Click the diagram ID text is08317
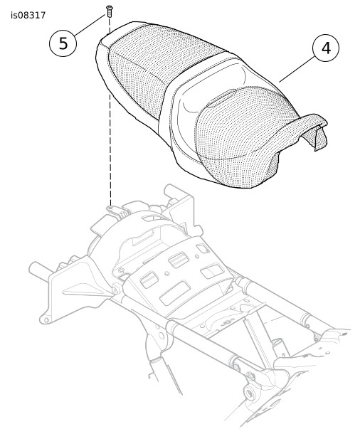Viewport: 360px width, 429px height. [x=28, y=16]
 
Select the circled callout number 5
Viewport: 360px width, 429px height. [x=63, y=43]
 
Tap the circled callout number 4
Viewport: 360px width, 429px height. [x=326, y=48]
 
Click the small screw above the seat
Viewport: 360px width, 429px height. [x=110, y=11]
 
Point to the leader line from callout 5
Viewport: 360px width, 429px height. [x=90, y=25]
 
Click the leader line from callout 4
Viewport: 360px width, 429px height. [x=297, y=69]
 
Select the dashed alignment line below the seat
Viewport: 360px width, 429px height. [x=110, y=150]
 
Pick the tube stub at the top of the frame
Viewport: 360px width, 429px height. [x=175, y=191]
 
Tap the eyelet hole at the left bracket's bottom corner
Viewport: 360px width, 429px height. [x=46, y=319]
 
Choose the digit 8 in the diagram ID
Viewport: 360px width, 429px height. [x=29, y=16]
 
